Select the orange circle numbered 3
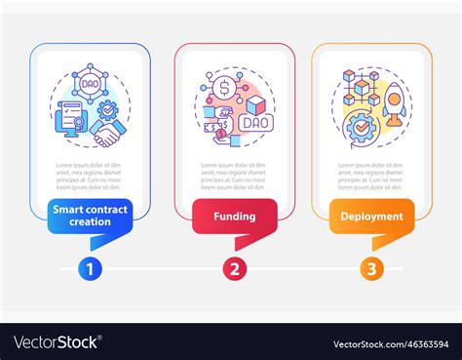(369, 268)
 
